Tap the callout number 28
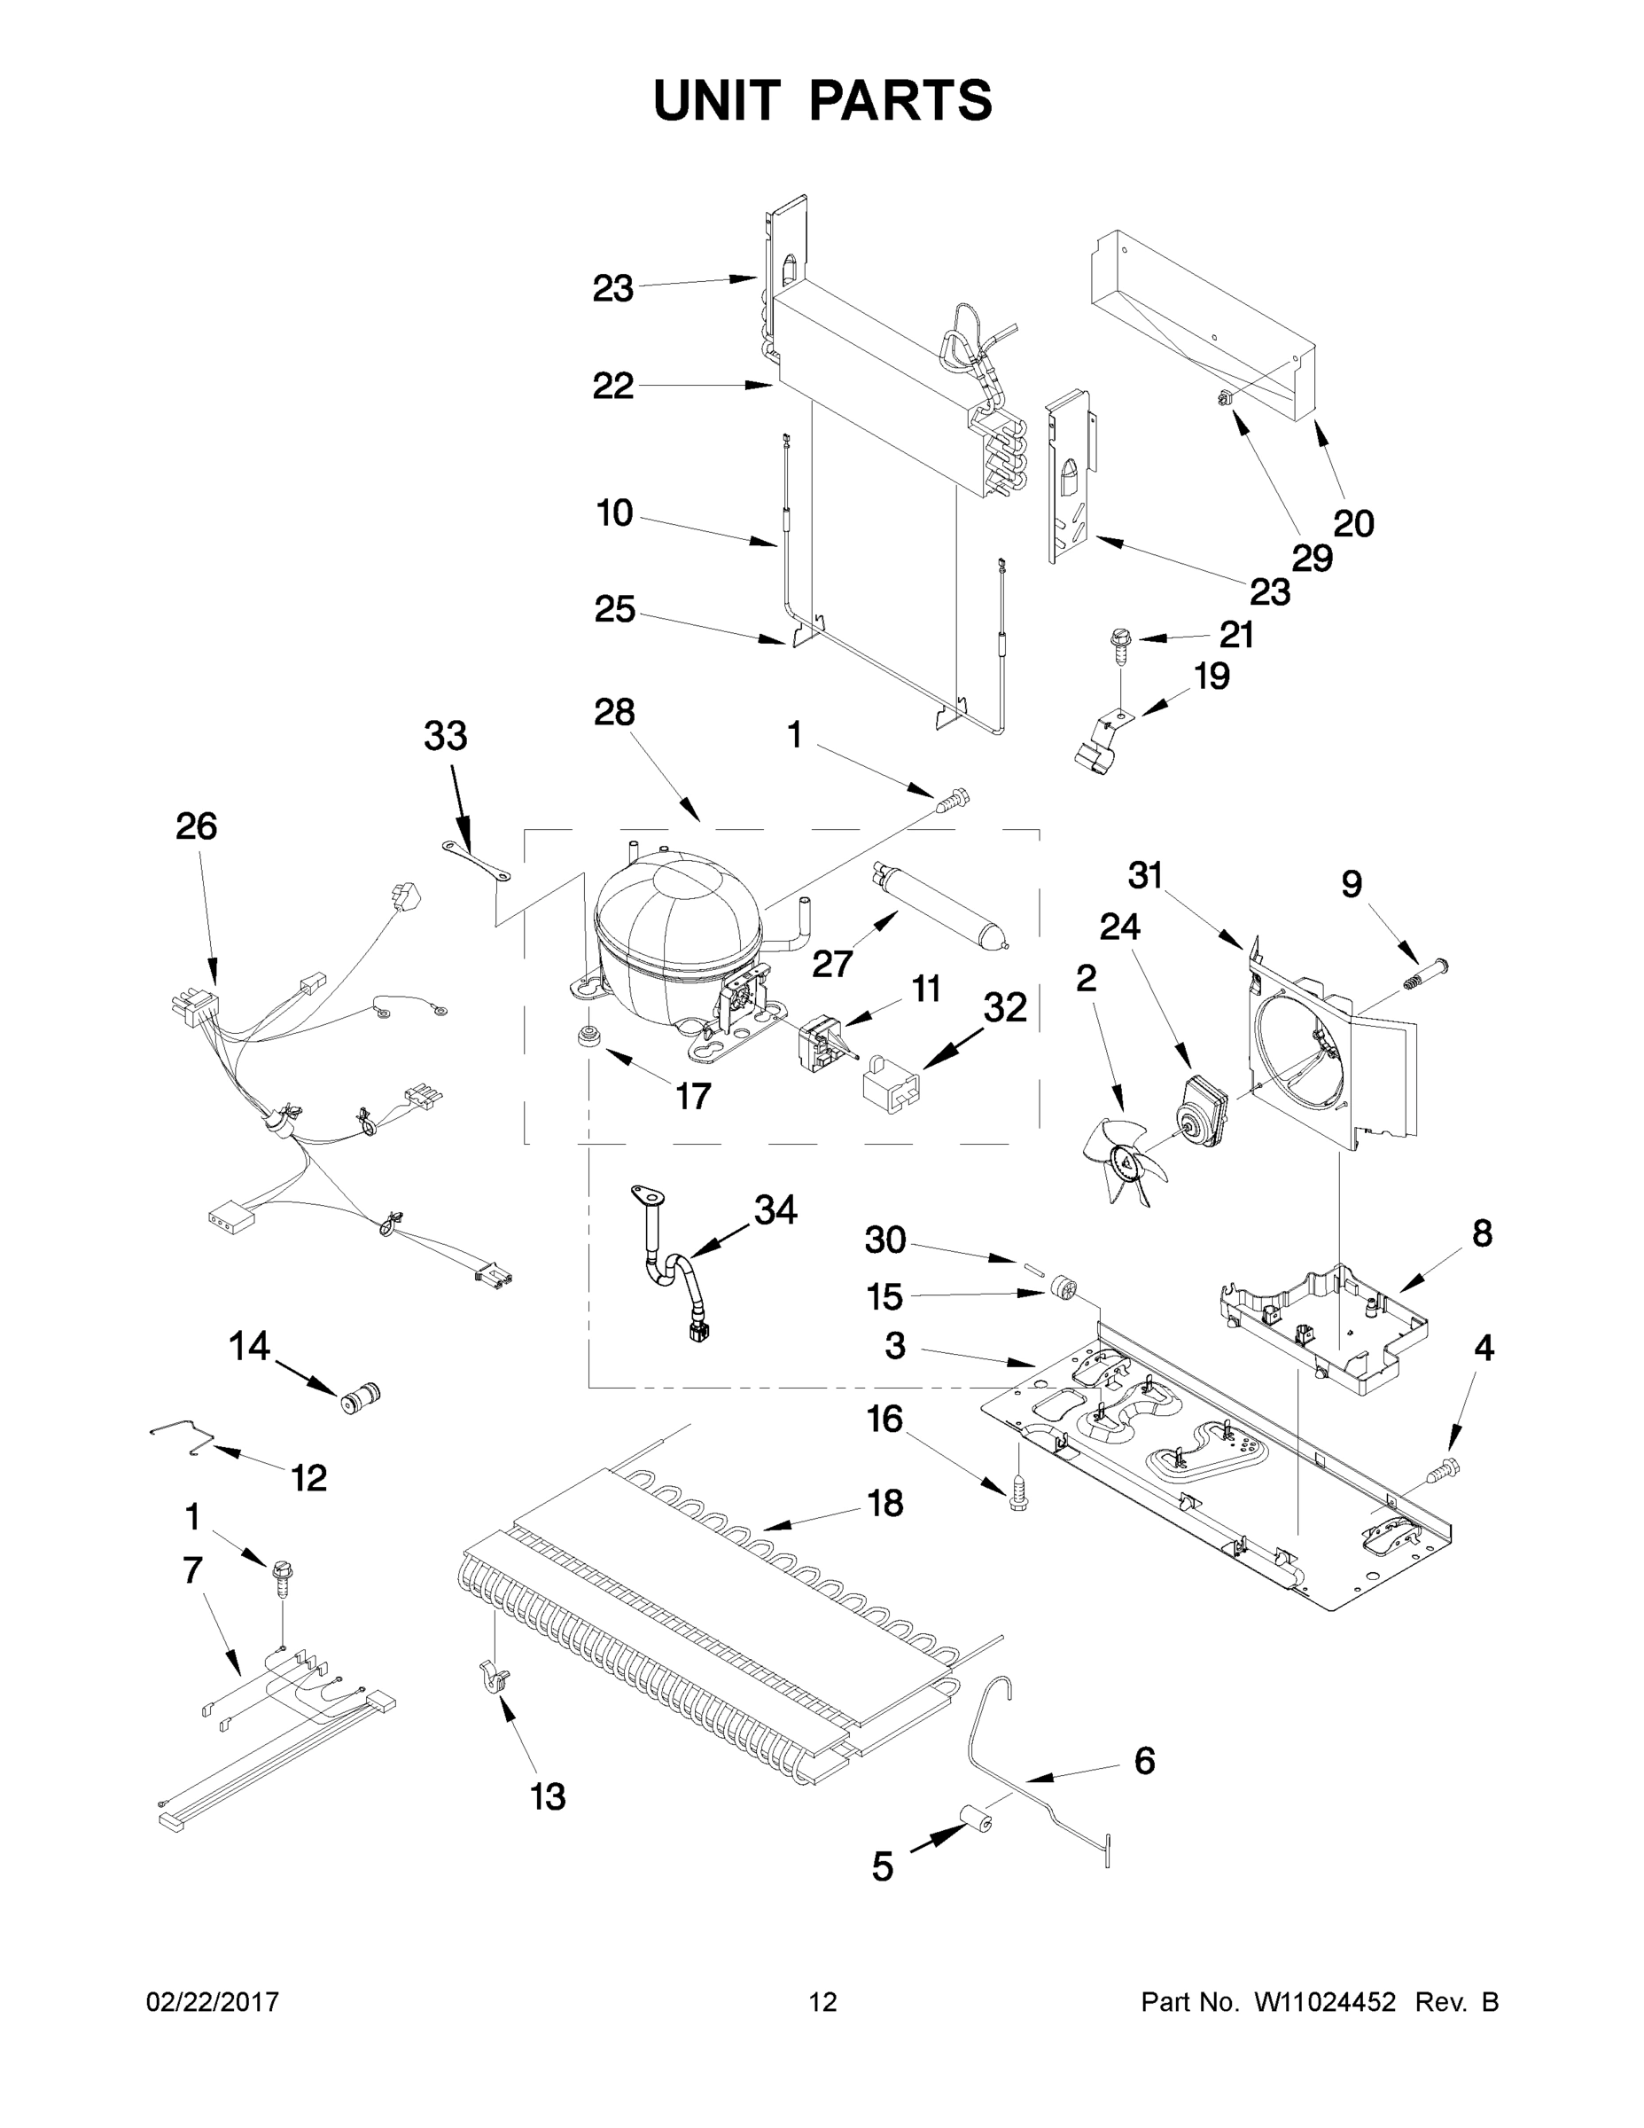coord(614,712)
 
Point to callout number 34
coord(775,1210)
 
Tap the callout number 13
coord(548,1795)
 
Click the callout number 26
coord(196,826)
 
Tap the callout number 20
coord(1352,524)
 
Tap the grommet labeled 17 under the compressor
coord(588,1037)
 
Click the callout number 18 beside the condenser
coord(884,1504)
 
